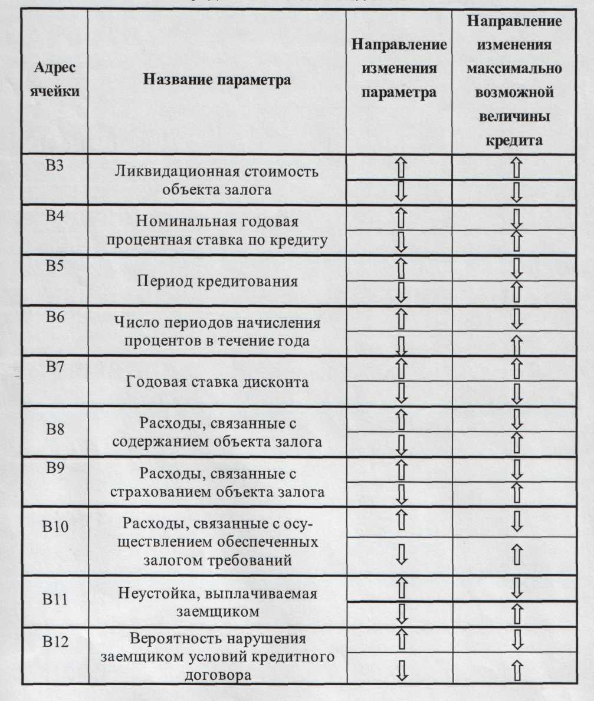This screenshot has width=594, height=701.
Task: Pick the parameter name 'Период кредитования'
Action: pos(217,281)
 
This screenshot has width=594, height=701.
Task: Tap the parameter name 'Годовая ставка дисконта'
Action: pos(217,381)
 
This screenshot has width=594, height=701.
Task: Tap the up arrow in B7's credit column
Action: pos(517,368)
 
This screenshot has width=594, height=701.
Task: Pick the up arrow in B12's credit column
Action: pos(517,669)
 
